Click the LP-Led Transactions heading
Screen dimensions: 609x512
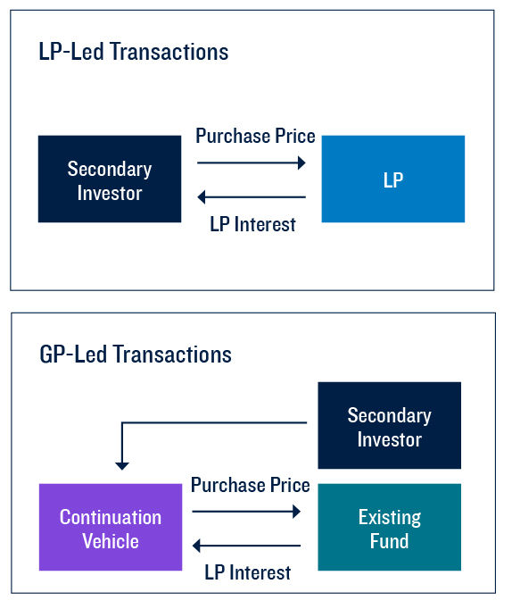point(134,52)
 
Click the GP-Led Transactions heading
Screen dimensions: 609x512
point(136,355)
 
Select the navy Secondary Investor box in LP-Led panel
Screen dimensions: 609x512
point(110,179)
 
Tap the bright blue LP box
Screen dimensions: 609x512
point(392,179)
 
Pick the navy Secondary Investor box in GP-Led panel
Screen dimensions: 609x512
point(389,427)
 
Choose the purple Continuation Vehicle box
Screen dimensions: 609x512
point(111,528)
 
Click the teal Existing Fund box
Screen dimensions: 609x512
point(389,528)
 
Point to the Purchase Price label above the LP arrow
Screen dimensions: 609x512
point(255,137)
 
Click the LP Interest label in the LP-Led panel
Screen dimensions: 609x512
point(252,223)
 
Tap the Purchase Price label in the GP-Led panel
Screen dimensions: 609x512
point(251,486)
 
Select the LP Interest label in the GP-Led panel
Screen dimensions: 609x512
point(247,572)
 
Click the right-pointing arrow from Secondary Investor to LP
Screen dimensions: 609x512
point(252,163)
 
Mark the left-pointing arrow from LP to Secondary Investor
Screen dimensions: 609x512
point(252,197)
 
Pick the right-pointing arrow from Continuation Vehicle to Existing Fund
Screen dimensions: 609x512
point(247,512)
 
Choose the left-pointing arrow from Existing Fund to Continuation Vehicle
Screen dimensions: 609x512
point(247,546)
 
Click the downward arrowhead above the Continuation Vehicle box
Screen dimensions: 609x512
point(122,464)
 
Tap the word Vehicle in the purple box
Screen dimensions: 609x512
point(111,540)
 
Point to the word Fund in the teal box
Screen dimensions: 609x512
point(389,540)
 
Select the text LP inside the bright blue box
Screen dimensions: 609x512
point(392,179)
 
